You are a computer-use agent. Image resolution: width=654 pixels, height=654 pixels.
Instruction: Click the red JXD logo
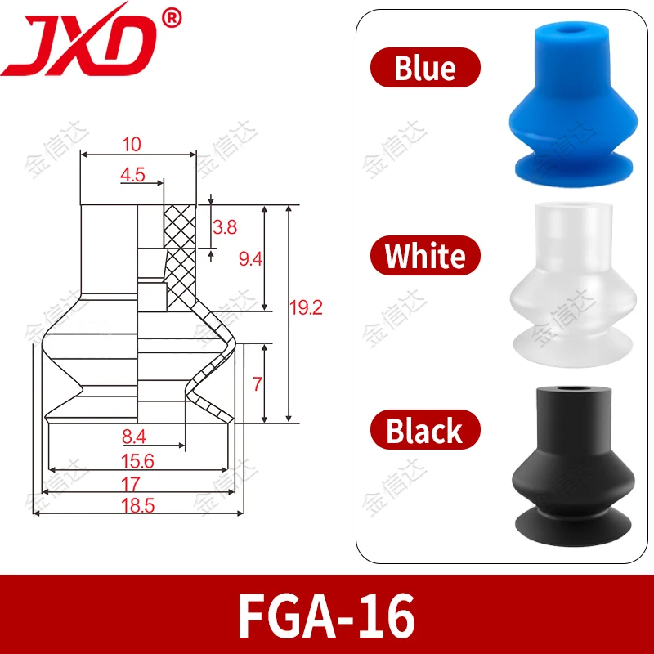pos(79,42)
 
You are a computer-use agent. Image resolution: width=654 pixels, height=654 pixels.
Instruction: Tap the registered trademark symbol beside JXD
pos(171,19)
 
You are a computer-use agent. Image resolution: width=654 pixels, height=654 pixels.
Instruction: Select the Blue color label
pos(425,68)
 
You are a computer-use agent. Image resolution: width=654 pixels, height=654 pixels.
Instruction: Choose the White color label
pos(425,255)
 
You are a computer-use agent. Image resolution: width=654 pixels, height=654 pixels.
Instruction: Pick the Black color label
pos(425,430)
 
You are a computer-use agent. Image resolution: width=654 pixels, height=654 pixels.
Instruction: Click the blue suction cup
pos(573,105)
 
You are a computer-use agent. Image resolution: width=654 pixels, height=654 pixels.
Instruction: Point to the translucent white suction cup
pos(573,284)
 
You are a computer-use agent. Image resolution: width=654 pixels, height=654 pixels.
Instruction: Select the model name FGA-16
pos(326,615)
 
